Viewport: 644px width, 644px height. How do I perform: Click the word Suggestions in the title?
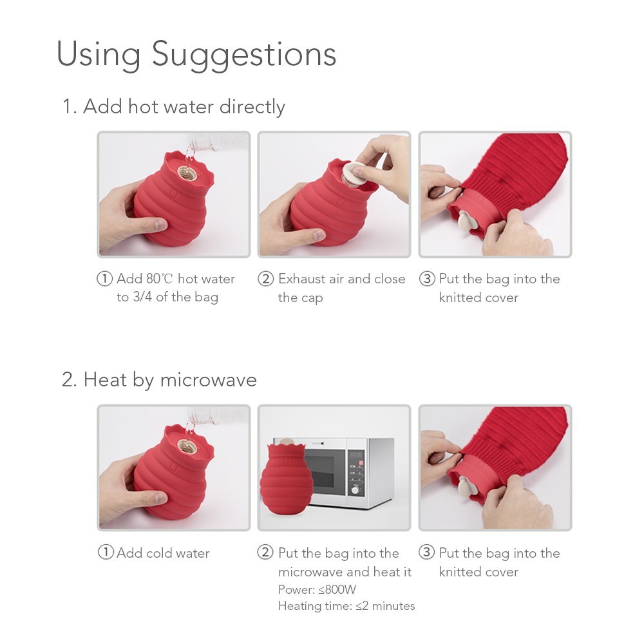coord(244,55)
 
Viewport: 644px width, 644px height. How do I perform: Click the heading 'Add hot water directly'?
coord(184,107)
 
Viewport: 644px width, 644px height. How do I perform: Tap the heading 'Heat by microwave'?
coord(170,380)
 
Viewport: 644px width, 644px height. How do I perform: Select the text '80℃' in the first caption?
coord(160,279)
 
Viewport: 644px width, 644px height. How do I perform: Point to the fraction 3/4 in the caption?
coord(142,296)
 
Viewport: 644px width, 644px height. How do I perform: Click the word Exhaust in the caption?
coord(301,279)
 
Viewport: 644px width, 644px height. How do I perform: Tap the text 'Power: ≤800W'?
coord(317,589)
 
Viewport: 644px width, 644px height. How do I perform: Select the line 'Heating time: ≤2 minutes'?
coord(346,606)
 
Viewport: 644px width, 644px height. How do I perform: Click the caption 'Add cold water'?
coord(163,553)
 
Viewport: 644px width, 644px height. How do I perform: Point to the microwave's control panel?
coord(357,472)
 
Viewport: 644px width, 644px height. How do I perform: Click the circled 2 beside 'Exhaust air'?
coord(265,279)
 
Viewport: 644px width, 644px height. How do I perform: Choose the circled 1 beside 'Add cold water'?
coord(106,552)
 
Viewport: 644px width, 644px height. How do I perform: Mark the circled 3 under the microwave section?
coord(426,552)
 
